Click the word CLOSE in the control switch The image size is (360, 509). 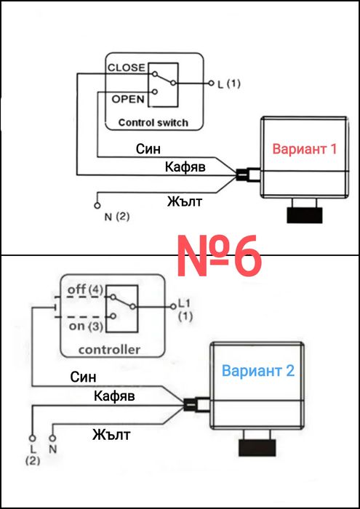point(126,68)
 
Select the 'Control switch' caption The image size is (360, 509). point(153,122)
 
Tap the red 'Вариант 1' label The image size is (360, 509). point(305,149)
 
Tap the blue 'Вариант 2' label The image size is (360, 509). point(257,371)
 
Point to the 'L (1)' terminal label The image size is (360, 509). point(228,84)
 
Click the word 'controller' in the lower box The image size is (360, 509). point(110,350)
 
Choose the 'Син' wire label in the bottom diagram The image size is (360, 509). point(83,377)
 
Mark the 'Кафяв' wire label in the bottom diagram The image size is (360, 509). point(115,396)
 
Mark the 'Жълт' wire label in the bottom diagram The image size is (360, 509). point(111,435)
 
